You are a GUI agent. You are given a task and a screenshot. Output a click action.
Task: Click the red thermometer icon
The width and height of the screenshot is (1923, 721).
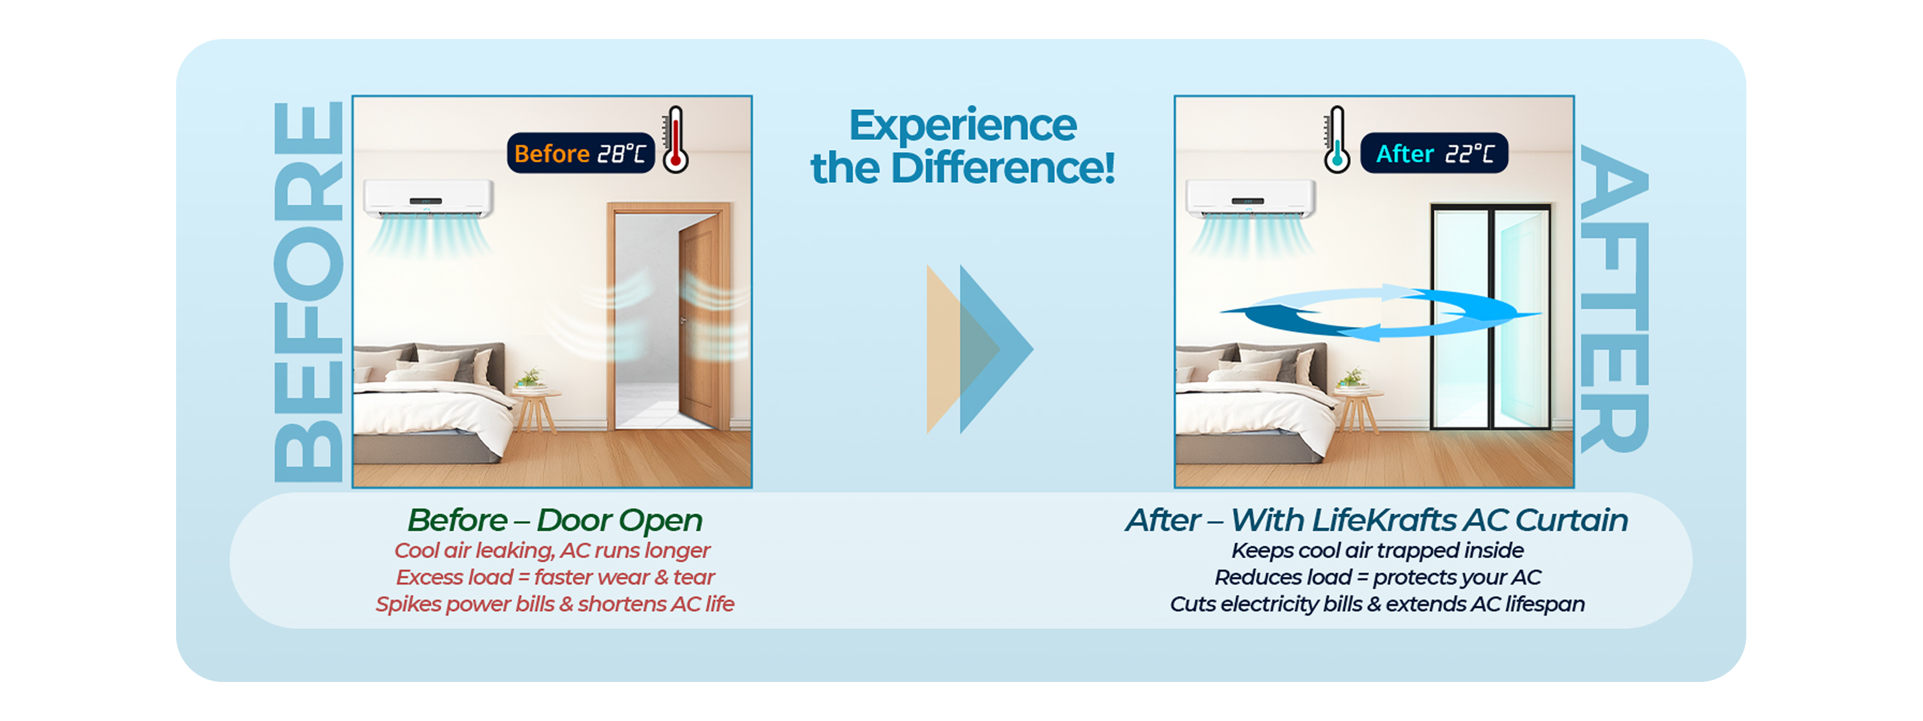(x=675, y=139)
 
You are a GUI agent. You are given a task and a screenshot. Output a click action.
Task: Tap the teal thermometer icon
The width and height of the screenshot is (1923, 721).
(x=1336, y=139)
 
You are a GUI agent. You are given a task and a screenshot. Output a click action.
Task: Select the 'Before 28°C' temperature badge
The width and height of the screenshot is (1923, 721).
(x=580, y=153)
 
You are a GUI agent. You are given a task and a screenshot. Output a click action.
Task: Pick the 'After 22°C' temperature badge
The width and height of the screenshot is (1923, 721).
(x=1433, y=153)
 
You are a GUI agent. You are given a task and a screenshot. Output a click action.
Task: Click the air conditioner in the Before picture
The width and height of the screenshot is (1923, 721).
(x=428, y=198)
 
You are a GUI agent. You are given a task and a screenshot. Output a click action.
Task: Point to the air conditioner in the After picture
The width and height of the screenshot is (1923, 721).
(x=1250, y=198)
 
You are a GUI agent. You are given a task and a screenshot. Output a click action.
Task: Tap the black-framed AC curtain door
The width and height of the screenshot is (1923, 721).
(x=1491, y=317)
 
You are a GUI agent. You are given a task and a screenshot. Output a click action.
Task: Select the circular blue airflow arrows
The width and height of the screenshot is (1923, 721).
(x=1381, y=312)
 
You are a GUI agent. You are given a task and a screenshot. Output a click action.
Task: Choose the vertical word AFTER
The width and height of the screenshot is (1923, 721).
(x=1615, y=299)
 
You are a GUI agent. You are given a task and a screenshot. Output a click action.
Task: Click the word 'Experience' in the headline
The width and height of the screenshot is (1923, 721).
(x=963, y=124)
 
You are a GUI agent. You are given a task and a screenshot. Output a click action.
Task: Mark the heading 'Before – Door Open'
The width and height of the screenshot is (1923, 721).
(x=555, y=520)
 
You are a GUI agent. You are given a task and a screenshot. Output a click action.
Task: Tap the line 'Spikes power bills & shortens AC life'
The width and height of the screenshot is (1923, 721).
(x=555, y=604)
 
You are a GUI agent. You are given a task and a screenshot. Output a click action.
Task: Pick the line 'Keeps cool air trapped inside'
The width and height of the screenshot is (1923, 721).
(x=1377, y=551)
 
